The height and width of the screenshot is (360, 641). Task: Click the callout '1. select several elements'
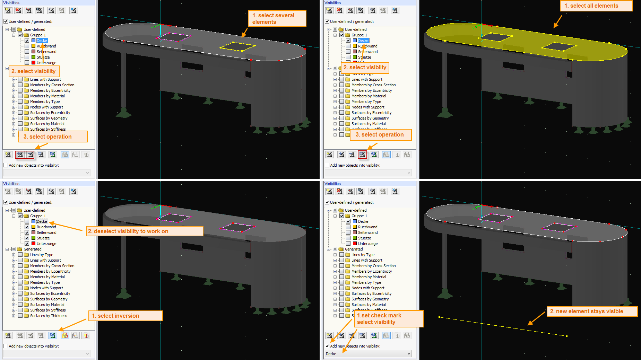[x=277, y=19]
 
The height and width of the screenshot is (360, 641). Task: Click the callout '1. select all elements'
[x=596, y=6]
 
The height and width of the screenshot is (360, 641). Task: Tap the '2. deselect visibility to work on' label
[x=144, y=231]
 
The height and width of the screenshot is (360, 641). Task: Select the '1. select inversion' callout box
[x=125, y=316]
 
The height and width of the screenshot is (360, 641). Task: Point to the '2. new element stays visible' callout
[x=591, y=311]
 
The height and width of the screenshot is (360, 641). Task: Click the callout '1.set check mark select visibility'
[x=388, y=319]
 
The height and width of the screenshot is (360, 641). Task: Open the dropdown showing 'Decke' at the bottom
[x=368, y=354]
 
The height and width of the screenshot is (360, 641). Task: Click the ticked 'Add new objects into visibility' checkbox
[x=327, y=346]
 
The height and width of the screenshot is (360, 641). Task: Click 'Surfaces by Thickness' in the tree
[x=49, y=316]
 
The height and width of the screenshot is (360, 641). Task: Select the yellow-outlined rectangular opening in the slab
[x=238, y=47]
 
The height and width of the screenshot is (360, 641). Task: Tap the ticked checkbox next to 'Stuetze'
[x=27, y=238]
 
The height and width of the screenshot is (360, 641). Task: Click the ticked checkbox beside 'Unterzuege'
[x=27, y=244]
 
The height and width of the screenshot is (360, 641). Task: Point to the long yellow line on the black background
[x=503, y=326]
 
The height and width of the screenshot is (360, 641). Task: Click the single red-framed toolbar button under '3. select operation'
[x=362, y=155]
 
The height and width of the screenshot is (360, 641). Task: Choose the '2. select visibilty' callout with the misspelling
[x=365, y=68]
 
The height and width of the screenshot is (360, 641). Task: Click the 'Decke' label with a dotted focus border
[x=42, y=221]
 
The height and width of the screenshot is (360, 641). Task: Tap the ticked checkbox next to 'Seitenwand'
[x=27, y=232]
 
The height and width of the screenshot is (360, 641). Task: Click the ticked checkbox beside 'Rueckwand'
[x=27, y=227]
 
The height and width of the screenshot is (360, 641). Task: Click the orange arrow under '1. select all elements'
[x=557, y=22]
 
